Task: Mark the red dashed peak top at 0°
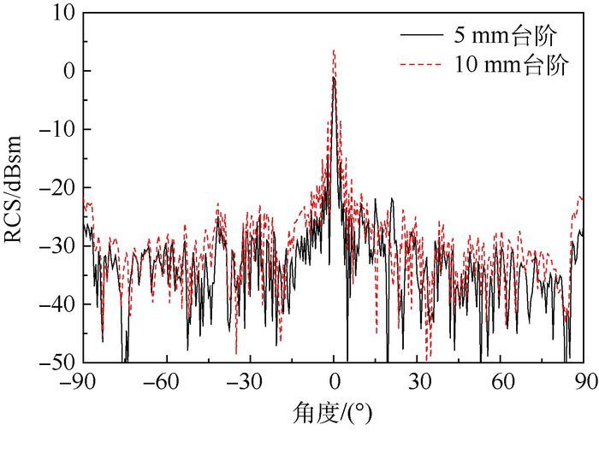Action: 334,50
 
